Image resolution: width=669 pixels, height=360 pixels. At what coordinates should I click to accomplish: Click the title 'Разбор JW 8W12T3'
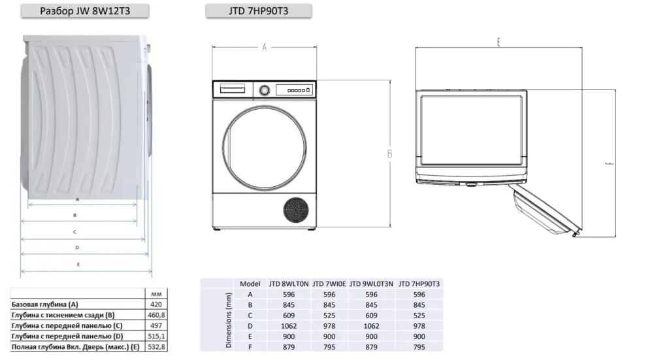click(x=85, y=11)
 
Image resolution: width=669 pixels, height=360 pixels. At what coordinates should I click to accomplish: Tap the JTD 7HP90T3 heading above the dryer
click(x=259, y=11)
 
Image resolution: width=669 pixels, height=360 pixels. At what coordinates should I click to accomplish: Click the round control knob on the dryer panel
click(x=265, y=90)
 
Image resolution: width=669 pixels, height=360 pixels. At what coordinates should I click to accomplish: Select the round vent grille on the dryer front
click(x=296, y=210)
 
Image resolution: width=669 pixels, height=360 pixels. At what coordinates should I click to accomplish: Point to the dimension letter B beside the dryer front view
click(x=389, y=154)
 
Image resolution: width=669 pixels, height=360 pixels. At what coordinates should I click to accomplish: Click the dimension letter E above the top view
click(x=498, y=42)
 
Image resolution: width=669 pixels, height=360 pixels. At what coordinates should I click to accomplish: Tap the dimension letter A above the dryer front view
click(x=264, y=47)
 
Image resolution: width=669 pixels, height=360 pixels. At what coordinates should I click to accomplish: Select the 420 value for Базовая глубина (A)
click(x=156, y=304)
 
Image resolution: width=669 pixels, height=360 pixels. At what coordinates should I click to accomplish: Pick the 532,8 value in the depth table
click(x=156, y=347)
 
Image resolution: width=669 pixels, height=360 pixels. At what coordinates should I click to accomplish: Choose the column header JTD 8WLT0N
click(x=289, y=284)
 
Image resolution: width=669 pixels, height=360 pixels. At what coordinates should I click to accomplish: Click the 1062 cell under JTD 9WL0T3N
click(x=371, y=326)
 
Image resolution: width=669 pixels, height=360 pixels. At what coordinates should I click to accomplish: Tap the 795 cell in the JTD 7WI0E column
click(x=329, y=347)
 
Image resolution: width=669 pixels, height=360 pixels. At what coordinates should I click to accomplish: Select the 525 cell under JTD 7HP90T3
click(x=419, y=316)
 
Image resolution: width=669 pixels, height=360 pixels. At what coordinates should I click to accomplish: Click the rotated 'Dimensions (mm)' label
click(x=228, y=320)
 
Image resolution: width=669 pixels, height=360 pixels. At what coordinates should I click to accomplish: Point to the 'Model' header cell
click(x=250, y=284)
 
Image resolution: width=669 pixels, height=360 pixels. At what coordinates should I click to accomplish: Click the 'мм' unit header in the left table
click(x=156, y=294)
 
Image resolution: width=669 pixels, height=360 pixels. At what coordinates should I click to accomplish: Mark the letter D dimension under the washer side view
click(x=77, y=248)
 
